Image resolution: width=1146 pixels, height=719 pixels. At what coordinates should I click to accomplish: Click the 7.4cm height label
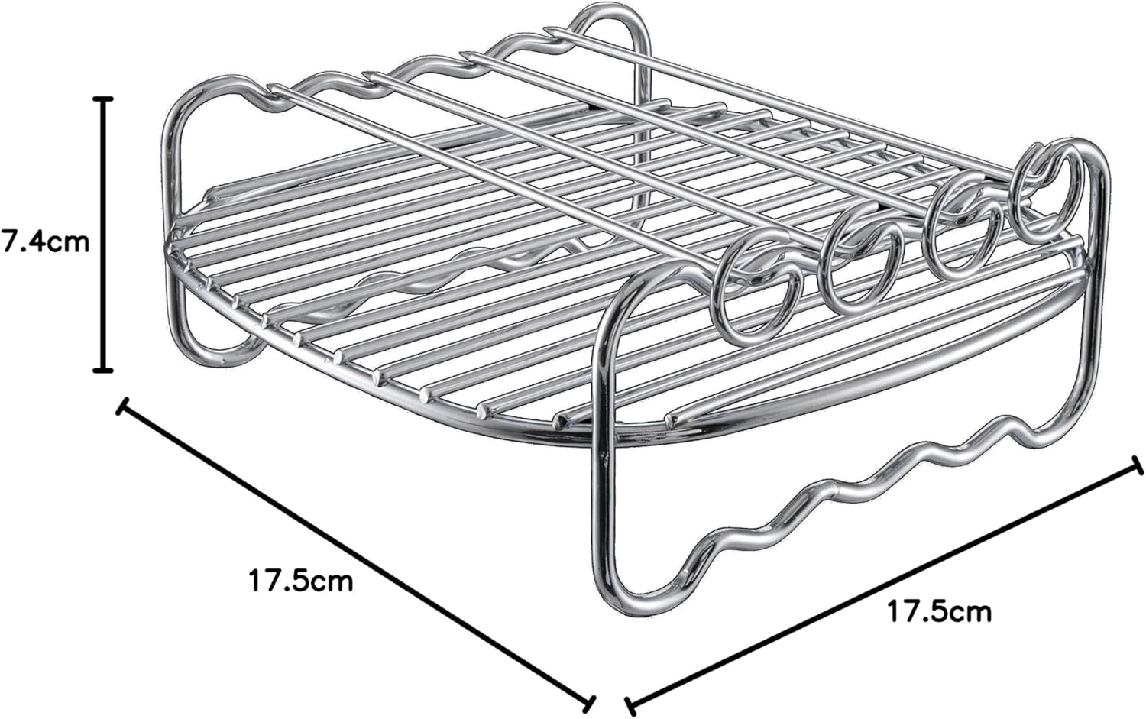45,242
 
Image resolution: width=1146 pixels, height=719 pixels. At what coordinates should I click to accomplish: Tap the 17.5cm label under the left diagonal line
301,581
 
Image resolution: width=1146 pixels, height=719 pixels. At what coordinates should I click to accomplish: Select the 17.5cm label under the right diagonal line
939,611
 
